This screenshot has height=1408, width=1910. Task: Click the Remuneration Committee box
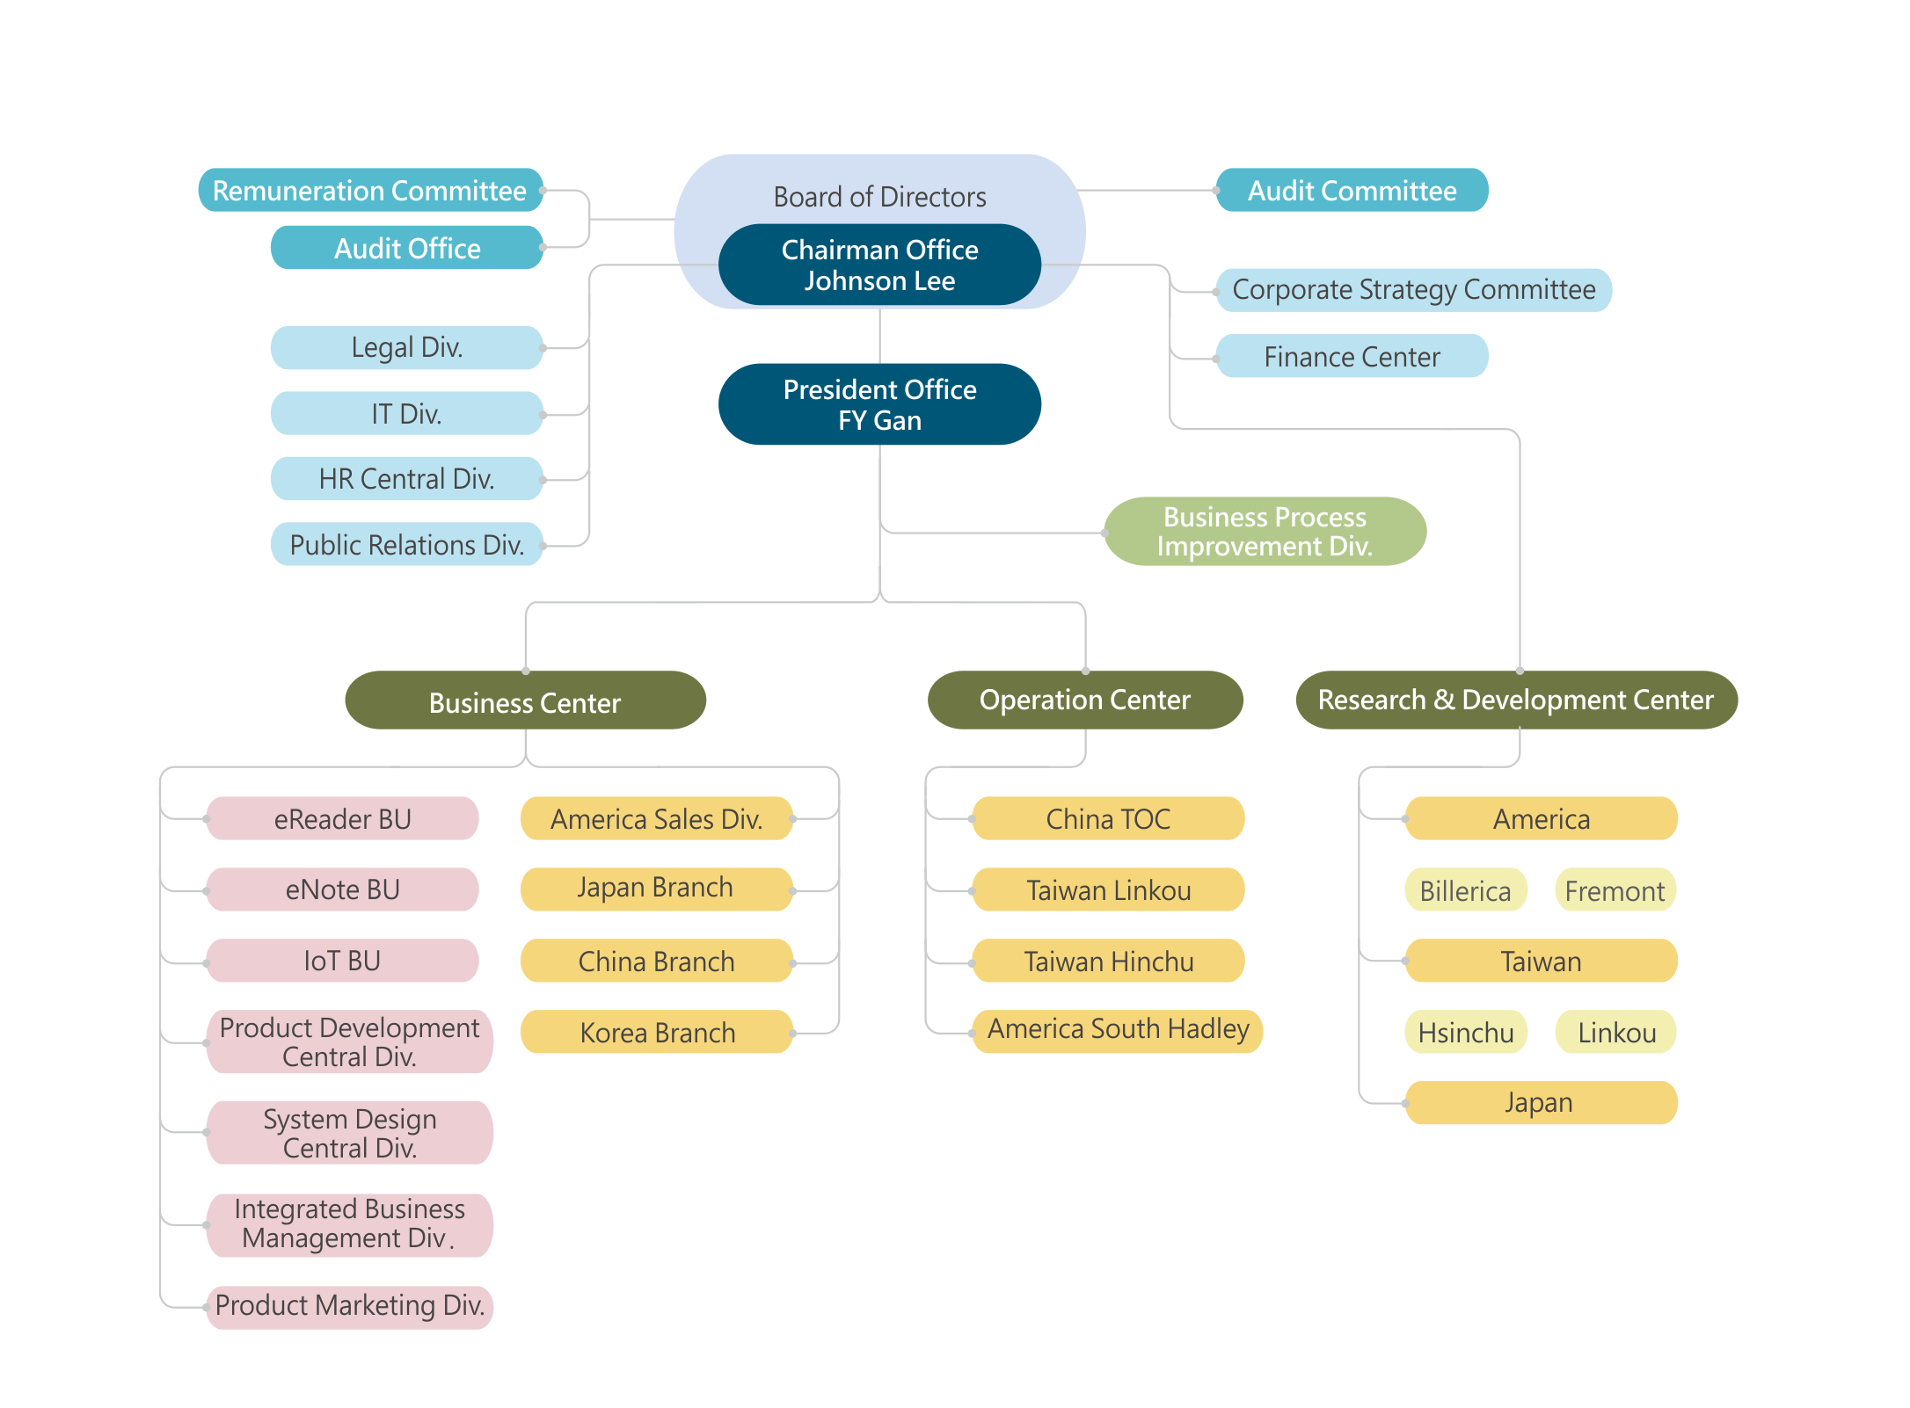tap(370, 191)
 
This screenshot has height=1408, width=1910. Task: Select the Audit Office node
tap(407, 249)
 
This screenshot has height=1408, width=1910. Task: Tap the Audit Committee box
tap(1352, 191)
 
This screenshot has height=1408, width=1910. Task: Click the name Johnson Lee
tap(879, 281)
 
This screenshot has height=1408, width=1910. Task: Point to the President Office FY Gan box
tap(879, 404)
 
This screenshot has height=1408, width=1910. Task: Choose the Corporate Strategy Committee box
tap(1413, 290)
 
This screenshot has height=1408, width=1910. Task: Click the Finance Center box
tap(1352, 357)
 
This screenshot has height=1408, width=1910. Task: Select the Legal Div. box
tap(407, 348)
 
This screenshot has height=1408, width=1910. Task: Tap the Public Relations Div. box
tap(407, 545)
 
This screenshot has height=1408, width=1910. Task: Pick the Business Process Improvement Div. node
tap(1265, 532)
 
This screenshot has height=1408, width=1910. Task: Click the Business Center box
tap(525, 701)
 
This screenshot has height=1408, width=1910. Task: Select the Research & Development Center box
tap(1516, 700)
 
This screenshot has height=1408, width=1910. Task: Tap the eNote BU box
tap(343, 890)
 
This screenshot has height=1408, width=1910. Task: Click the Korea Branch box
tap(657, 1033)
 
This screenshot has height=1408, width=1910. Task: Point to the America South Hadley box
tap(1118, 1030)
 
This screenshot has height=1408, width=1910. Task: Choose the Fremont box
tap(1615, 891)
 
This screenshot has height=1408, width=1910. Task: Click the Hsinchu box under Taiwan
tap(1466, 1033)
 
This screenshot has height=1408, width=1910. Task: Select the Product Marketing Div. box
tap(350, 1306)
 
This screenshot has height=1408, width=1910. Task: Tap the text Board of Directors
tap(879, 197)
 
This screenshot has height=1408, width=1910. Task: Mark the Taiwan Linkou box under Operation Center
tap(1108, 890)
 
